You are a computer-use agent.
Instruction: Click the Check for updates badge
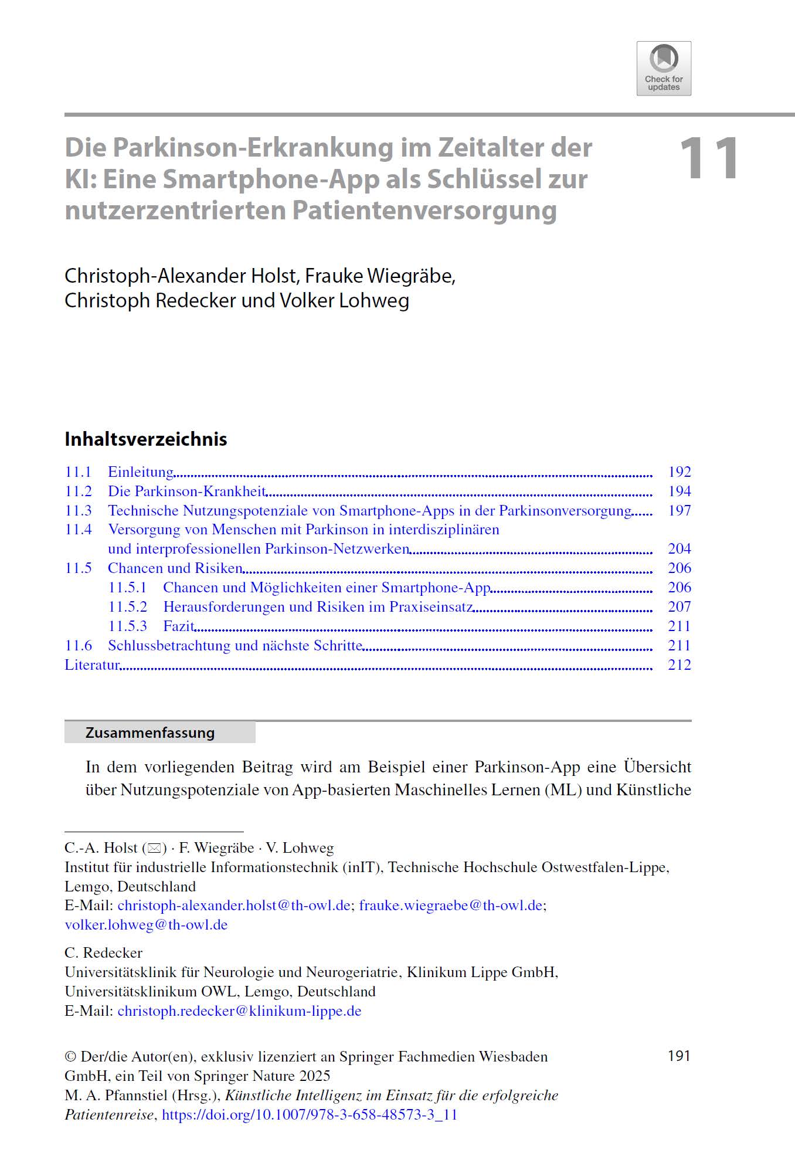coord(664,69)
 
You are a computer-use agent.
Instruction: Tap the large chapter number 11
coord(708,158)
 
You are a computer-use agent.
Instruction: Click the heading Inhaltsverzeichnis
coord(145,439)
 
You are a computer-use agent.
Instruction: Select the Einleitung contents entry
coord(141,472)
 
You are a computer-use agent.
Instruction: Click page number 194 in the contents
coord(680,491)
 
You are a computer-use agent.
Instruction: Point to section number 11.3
coord(78,511)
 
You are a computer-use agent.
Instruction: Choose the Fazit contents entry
coord(178,626)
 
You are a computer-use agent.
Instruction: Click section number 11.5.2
coord(127,607)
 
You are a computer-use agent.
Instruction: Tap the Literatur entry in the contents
coord(92,665)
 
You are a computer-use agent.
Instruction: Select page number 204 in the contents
coord(680,549)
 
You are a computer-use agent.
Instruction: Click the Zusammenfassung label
coord(150,733)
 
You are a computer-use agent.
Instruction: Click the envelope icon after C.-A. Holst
coord(154,848)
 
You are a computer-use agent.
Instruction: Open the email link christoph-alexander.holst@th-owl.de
coord(234,906)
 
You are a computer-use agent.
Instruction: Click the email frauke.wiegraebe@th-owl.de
coord(451,906)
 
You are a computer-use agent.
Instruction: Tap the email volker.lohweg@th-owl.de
coord(146,925)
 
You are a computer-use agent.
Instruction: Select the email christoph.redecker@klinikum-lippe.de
coord(239,1011)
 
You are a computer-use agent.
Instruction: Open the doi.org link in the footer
coord(309,1115)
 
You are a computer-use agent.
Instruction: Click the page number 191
coord(679,1056)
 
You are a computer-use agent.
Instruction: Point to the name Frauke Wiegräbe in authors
coord(379,276)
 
